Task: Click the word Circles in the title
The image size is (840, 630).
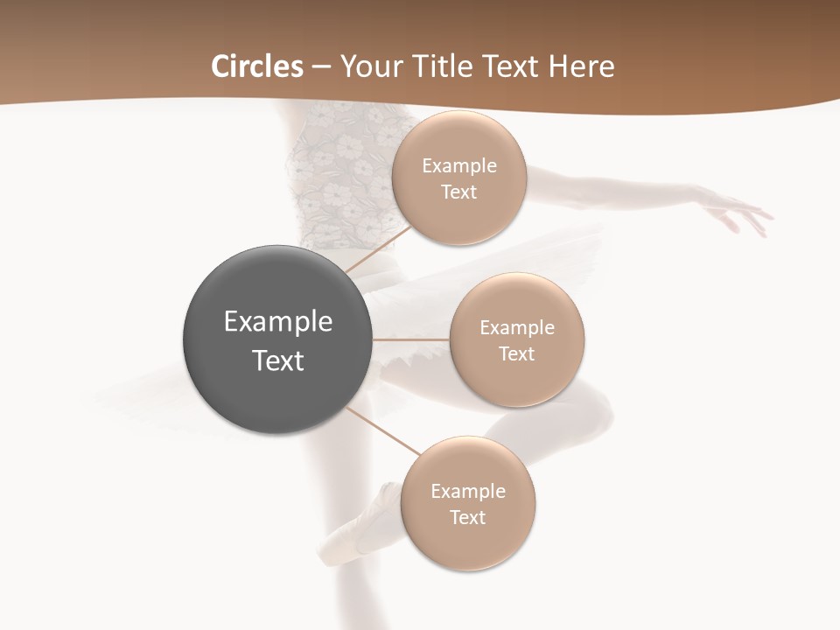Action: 256,66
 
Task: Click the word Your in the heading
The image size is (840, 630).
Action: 369,66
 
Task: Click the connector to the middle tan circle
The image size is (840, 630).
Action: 410,339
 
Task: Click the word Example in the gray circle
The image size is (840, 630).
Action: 278,322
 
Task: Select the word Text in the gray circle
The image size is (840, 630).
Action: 278,360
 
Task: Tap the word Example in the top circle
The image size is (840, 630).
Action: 459,166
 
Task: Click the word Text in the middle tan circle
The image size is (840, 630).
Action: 517,354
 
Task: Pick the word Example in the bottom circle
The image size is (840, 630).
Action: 468,492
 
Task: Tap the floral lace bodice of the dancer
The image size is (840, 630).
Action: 332,175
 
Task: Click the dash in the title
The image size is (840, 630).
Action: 321,67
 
